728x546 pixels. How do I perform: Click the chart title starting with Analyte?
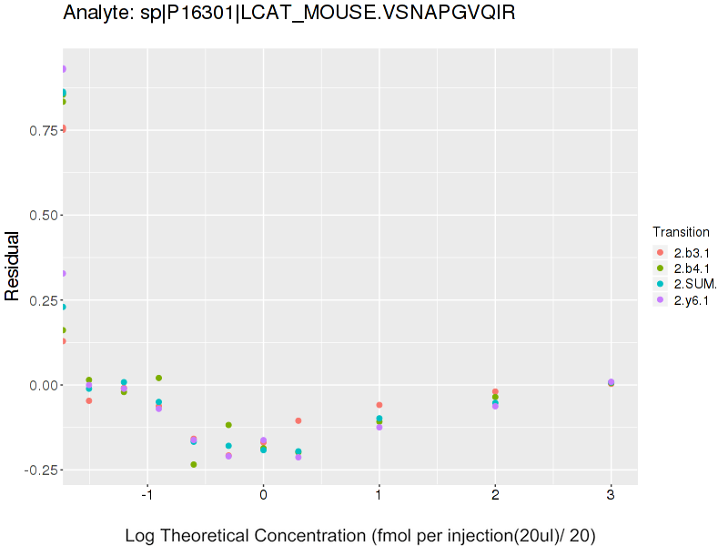pyautogui.click(x=289, y=14)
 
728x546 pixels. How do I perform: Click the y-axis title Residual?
pyautogui.click(x=13, y=266)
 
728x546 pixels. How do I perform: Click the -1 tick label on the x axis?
pyautogui.click(x=146, y=495)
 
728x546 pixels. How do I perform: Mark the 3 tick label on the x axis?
pyautogui.click(x=611, y=495)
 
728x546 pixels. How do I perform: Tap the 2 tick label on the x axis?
pyautogui.click(x=495, y=495)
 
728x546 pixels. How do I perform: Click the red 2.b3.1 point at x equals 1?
pyautogui.click(x=379, y=405)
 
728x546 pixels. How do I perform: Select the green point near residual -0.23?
pyautogui.click(x=194, y=464)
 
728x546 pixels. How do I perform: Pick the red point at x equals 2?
pyautogui.click(x=495, y=391)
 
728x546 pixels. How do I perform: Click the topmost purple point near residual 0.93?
pyautogui.click(x=64, y=69)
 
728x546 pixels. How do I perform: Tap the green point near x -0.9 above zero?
pyautogui.click(x=158, y=378)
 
